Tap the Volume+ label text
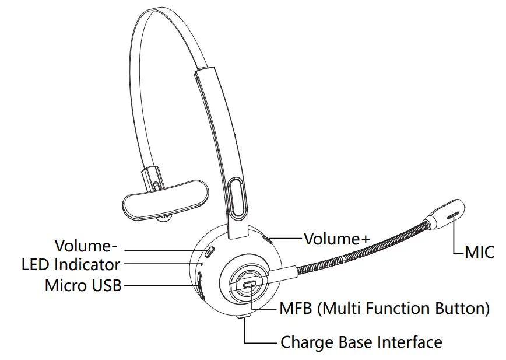pyautogui.click(x=337, y=238)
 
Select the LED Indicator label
pyautogui.click(x=71, y=264)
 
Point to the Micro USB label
pyautogui.click(x=83, y=286)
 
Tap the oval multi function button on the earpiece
pyautogui.click(x=249, y=284)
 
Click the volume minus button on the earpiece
pyautogui.click(x=209, y=251)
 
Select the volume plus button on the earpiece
pyautogui.click(x=267, y=239)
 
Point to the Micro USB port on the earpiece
pyautogui.click(x=200, y=286)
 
